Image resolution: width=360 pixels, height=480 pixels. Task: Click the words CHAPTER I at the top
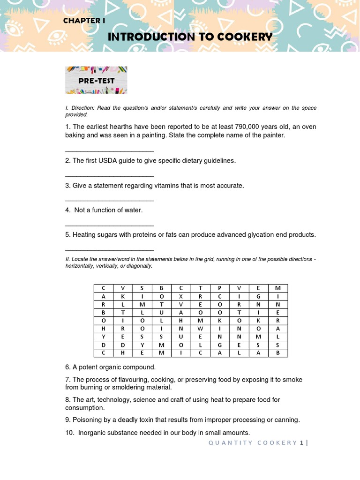[x=84, y=21]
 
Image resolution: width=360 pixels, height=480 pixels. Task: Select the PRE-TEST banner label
[x=96, y=81]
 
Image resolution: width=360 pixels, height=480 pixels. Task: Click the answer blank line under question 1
[x=109, y=151]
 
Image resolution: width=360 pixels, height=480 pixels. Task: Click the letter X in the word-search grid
[x=180, y=296]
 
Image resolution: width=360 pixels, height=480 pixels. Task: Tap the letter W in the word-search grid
[x=200, y=329]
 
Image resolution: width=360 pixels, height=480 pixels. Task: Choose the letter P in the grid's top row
[x=219, y=288]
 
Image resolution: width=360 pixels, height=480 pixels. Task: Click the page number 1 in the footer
[x=302, y=443]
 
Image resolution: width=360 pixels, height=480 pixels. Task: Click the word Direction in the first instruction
[x=82, y=108]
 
